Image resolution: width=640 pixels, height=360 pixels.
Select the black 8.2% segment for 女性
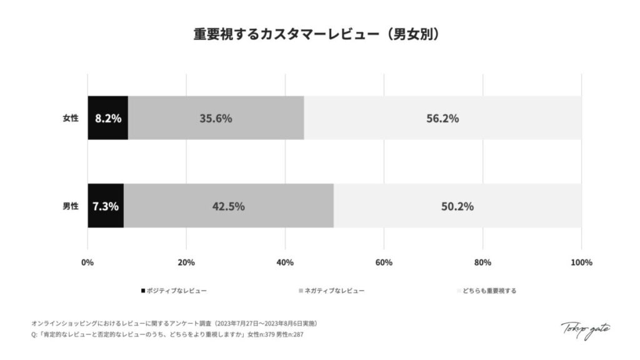tap(107, 118)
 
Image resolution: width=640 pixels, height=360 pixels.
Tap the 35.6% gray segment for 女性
tap(216, 118)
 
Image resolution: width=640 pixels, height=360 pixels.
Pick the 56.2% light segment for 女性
tap(442, 118)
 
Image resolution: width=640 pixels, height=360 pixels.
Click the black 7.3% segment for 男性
tap(106, 206)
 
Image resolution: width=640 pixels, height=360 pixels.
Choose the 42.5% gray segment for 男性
tap(228, 206)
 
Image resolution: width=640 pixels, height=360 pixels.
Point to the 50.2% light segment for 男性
tap(457, 206)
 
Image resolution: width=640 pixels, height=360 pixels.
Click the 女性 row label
tap(71, 118)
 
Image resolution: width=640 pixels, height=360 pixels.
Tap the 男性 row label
tap(71, 206)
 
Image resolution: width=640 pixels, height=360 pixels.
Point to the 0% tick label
tap(87, 262)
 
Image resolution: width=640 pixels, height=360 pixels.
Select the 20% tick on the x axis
tap(186, 262)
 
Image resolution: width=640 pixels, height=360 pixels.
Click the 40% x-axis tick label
tap(285, 262)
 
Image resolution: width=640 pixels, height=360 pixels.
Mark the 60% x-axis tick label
tap(384, 262)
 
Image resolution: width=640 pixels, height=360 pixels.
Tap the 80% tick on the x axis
tap(482, 262)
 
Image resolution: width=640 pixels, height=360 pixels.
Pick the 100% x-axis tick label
tap(581, 262)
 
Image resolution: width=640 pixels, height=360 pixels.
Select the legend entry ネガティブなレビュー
tap(334, 291)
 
